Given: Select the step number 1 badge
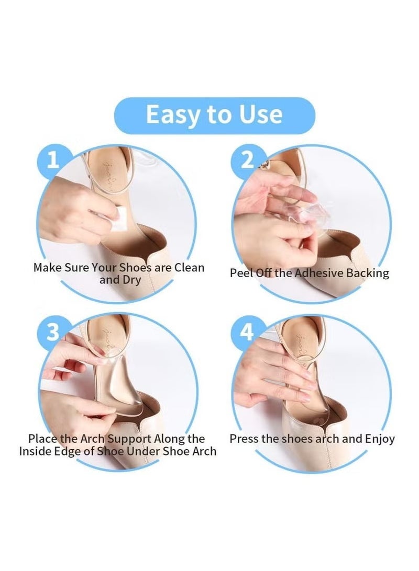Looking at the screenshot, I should click(x=53, y=160).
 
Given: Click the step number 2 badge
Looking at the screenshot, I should click(x=247, y=160).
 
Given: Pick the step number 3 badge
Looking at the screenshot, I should click(x=53, y=332).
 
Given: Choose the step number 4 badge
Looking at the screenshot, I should click(x=247, y=332).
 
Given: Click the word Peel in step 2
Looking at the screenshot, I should click(x=241, y=273).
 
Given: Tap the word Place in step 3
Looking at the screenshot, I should click(x=42, y=438).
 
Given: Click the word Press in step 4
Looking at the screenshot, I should click(x=244, y=438).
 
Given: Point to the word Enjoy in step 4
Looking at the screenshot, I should click(x=377, y=439).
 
